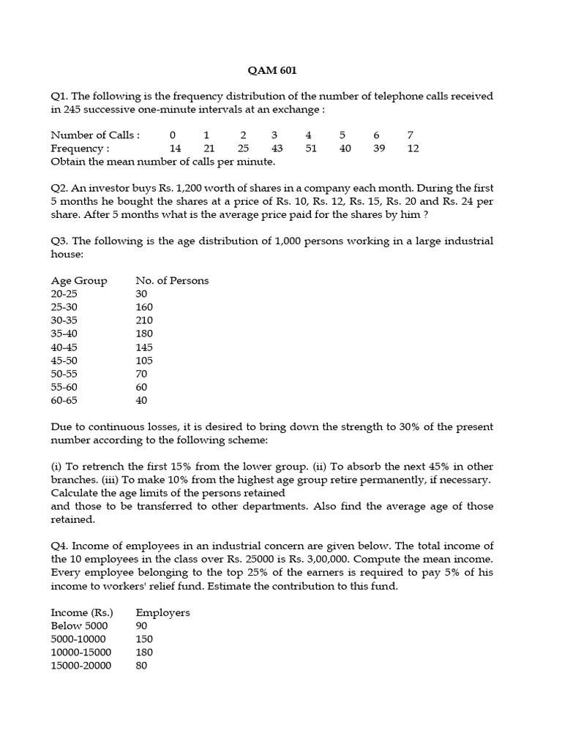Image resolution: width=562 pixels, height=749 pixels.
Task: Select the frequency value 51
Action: [x=311, y=148]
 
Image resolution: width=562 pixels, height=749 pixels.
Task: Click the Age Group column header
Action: [x=79, y=281]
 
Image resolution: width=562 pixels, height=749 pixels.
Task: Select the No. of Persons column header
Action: [x=172, y=281]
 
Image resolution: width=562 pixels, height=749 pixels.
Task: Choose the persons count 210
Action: [x=144, y=320]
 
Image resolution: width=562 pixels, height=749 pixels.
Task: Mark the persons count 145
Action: [x=144, y=347]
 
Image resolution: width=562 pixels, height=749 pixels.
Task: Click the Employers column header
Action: [x=162, y=612]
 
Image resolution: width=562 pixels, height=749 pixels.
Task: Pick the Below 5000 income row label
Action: [x=79, y=625]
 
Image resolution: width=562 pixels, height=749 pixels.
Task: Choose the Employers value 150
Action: [x=144, y=639]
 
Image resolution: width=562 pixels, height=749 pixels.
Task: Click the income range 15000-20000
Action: [x=81, y=666]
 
